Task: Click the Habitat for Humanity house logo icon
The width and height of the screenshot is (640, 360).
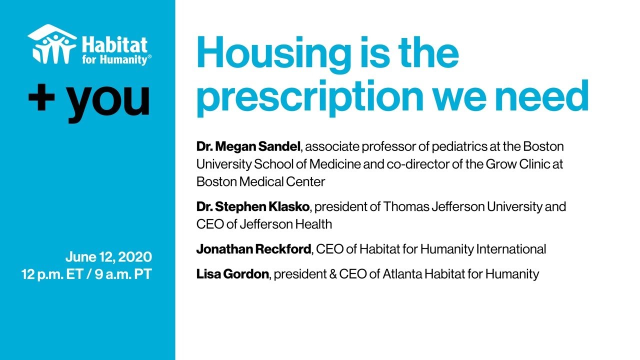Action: [52, 44]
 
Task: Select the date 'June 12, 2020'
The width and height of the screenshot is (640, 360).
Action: [108, 257]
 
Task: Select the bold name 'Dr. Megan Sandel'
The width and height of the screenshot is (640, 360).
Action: [248, 147]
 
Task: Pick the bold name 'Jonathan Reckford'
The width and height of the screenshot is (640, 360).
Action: [253, 249]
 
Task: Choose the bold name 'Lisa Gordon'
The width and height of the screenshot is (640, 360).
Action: [232, 274]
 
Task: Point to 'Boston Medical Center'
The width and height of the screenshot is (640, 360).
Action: [260, 181]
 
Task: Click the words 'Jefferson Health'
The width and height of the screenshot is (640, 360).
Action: [285, 224]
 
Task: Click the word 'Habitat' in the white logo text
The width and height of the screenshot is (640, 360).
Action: [115, 44]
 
